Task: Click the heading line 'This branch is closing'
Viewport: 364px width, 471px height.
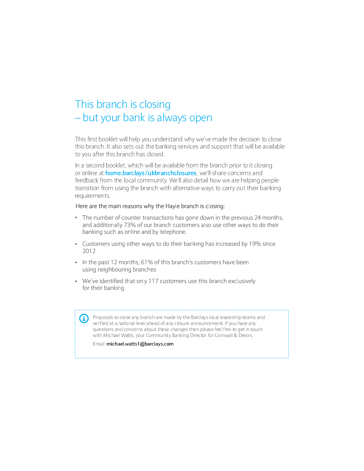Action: click(x=123, y=104)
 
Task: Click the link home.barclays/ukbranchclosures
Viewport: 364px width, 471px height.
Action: click(x=151, y=173)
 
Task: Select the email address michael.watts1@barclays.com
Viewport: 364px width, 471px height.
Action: click(x=140, y=344)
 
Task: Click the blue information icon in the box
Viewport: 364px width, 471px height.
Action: click(x=84, y=318)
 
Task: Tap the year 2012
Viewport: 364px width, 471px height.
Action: click(x=89, y=251)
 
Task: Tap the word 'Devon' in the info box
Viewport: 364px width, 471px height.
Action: click(x=245, y=335)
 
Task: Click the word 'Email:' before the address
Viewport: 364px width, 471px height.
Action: click(x=99, y=344)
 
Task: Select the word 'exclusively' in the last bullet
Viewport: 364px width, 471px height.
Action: click(x=242, y=281)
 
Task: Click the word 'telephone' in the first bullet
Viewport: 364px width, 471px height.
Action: click(x=173, y=232)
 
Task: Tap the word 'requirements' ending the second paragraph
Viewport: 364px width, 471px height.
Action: click(x=92, y=196)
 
